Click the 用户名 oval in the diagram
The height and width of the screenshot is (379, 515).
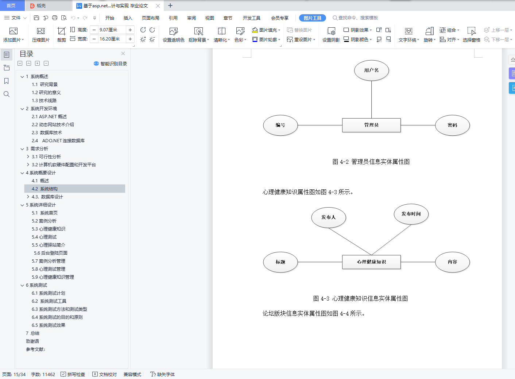pos(371,70)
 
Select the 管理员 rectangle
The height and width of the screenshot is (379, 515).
pos(371,125)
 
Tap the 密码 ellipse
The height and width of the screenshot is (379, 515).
pos(452,125)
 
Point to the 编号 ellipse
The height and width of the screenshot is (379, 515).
pos(280,125)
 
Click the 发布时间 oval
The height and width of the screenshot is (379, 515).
pos(411,214)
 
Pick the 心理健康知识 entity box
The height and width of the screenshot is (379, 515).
pos(371,262)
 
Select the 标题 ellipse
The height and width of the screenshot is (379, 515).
pos(280,262)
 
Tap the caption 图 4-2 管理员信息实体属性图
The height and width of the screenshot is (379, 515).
pos(371,162)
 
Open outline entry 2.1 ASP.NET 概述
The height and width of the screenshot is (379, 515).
pos(49,117)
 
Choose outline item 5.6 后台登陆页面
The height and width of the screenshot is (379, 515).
pos(51,253)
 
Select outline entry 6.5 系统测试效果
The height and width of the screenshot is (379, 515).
pos(49,325)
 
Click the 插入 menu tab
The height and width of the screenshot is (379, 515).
pos(128,18)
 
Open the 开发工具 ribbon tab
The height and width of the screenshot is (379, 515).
pos(251,18)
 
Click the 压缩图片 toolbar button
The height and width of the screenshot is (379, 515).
pos(41,35)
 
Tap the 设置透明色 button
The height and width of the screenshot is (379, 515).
pos(174,35)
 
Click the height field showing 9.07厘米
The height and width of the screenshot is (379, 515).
pos(111,30)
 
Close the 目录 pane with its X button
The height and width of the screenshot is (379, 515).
pos(123,54)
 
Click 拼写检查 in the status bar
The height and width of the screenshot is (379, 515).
pos(73,374)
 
